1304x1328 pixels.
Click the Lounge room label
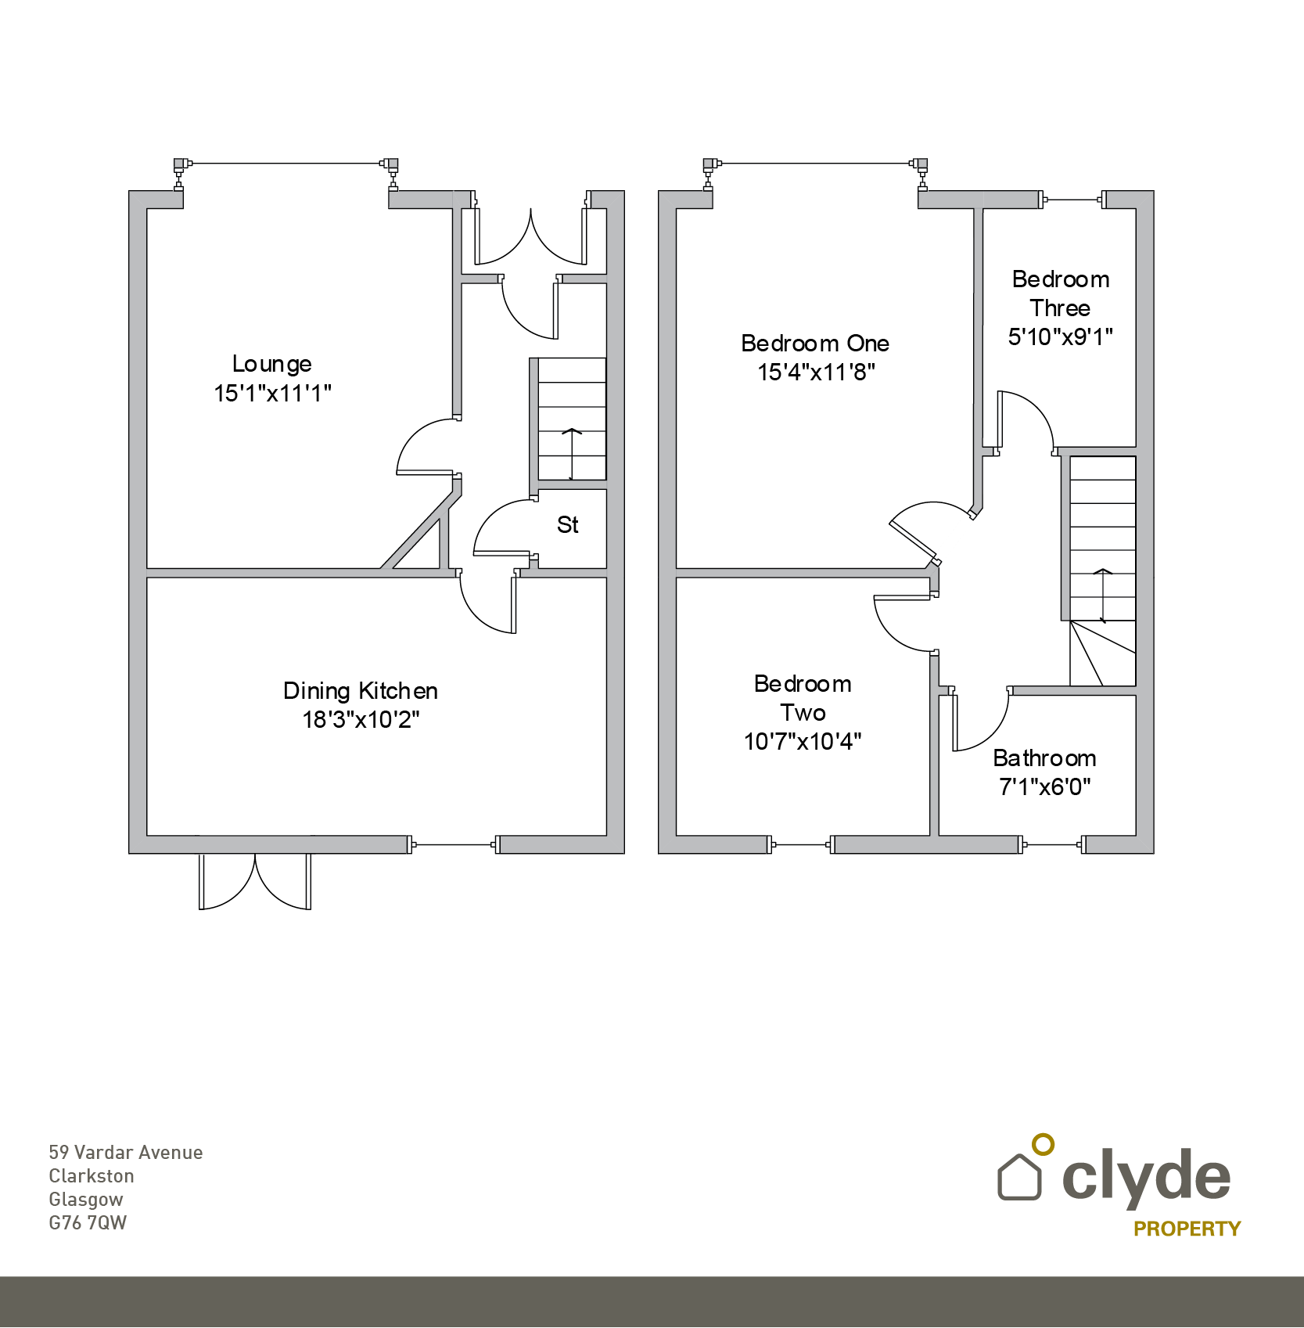271,365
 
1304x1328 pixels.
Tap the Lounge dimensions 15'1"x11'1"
272,393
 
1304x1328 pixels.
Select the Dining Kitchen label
360,691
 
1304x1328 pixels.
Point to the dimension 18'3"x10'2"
361,719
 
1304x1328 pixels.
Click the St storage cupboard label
568,524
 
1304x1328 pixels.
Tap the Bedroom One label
815,344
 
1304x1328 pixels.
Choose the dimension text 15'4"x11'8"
816,372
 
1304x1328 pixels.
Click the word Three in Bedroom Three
1060,308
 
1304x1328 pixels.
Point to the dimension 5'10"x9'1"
1060,336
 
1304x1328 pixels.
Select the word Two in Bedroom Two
803,713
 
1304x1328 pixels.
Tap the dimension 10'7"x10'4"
803,741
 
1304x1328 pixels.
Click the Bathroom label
1044,758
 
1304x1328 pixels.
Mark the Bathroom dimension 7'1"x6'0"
1044,786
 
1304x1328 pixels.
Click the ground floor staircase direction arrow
572,454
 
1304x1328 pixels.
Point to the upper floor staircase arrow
1103,596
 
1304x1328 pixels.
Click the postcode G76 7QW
88,1223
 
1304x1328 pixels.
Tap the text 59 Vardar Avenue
126,1153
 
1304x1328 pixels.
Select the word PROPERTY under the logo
1187,1229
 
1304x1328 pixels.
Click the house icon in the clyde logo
1020,1176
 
